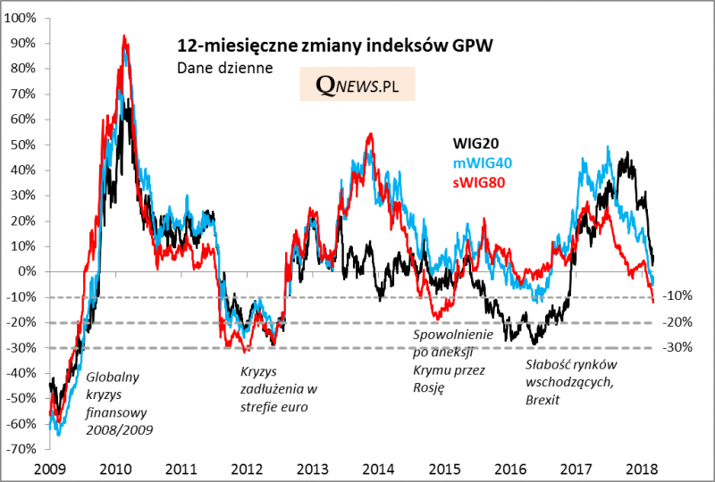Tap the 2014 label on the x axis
[x=376, y=469]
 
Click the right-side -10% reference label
[x=680, y=297]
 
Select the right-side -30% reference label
[x=680, y=348]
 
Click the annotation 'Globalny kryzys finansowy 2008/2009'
[x=118, y=403]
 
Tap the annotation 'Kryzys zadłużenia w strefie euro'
[x=279, y=389]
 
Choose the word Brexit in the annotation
[x=543, y=399]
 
